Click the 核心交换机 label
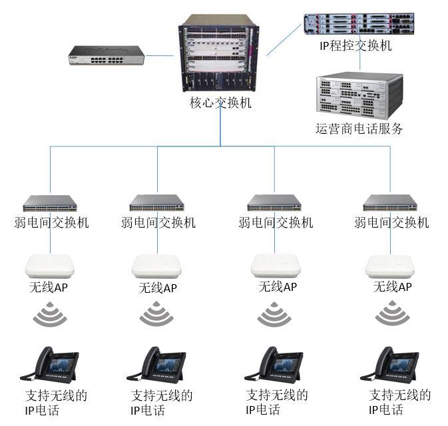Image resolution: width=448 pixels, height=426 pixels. pos(220,103)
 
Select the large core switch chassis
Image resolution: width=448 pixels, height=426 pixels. pos(219,53)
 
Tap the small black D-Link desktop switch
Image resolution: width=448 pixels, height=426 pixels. pos(107,55)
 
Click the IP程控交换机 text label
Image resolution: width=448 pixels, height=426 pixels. pos(355,45)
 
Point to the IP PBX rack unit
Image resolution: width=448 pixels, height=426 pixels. pos(359,24)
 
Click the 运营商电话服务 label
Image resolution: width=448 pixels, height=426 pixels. pos(359,128)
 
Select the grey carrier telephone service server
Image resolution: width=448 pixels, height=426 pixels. pos(359,96)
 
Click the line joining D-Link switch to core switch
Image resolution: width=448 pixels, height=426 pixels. pos(159,55)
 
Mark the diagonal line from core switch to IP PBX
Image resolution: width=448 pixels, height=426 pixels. pos(284,40)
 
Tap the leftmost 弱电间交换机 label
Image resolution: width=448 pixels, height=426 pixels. pos(52,222)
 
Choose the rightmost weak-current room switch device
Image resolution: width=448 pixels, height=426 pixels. pos(390,203)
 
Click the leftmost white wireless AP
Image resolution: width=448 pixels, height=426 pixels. pos(50,266)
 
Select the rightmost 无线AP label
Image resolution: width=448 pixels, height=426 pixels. pos(393,287)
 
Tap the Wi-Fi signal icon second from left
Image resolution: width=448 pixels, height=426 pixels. pos(156,314)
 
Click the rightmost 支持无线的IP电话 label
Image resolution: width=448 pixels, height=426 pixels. pos(399,402)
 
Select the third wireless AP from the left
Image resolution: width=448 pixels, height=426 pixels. pos(276,266)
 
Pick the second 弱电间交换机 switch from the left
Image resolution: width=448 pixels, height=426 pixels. pos(156,203)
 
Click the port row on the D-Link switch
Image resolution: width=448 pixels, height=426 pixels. pos(107,60)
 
